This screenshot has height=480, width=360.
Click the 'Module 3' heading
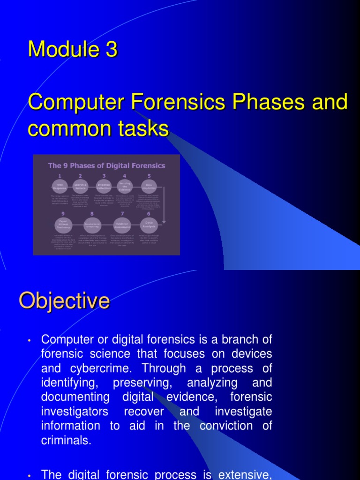click(73, 50)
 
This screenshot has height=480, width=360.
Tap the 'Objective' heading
click(64, 300)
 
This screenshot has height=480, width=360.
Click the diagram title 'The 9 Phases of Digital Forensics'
click(106, 165)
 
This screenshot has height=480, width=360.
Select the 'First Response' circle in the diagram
click(60, 186)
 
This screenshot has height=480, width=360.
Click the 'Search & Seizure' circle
click(81, 186)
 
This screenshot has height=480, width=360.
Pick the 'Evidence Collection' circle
click(104, 186)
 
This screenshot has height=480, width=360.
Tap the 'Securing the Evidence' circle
click(125, 186)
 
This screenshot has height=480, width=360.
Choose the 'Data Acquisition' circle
click(149, 186)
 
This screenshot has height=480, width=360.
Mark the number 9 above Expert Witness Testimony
click(63, 213)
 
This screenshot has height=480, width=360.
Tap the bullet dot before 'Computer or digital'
click(29, 340)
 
